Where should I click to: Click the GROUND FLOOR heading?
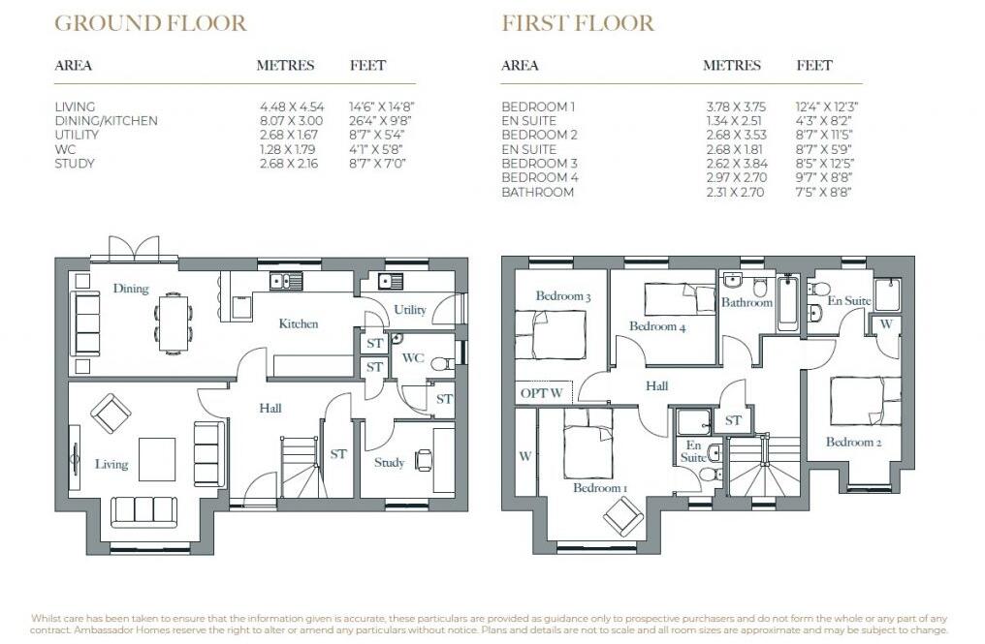(x=150, y=23)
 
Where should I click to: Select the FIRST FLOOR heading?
(x=578, y=23)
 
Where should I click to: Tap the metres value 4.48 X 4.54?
(x=291, y=107)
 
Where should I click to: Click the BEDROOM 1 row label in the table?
(x=538, y=107)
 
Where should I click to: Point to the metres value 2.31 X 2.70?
(x=735, y=193)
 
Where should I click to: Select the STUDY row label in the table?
(x=75, y=164)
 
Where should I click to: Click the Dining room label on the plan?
(x=130, y=289)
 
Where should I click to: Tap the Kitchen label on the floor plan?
(x=299, y=323)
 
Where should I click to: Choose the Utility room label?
(x=409, y=310)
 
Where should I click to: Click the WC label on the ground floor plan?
(x=413, y=358)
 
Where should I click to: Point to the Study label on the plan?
(x=389, y=463)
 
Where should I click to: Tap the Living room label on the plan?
(x=111, y=465)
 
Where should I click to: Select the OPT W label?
(x=541, y=393)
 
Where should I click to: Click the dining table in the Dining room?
(x=175, y=321)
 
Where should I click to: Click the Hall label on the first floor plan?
(x=656, y=386)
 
